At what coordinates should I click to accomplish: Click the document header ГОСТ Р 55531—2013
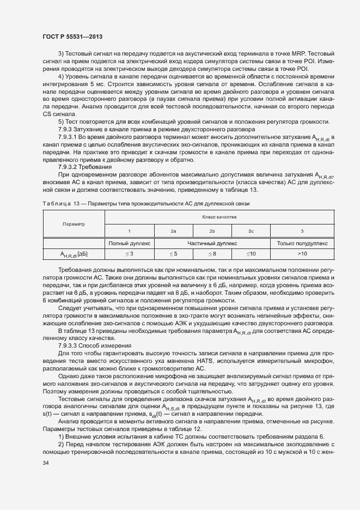pos(72,36)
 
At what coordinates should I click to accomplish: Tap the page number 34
pos(45,463)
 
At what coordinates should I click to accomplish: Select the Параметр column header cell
pos(74,224)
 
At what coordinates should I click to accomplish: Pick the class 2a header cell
pos(173,231)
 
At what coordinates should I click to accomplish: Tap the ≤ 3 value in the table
pos(129,254)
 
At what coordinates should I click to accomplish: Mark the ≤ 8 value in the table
pos(212,254)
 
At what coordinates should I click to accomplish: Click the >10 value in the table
pos(302,254)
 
